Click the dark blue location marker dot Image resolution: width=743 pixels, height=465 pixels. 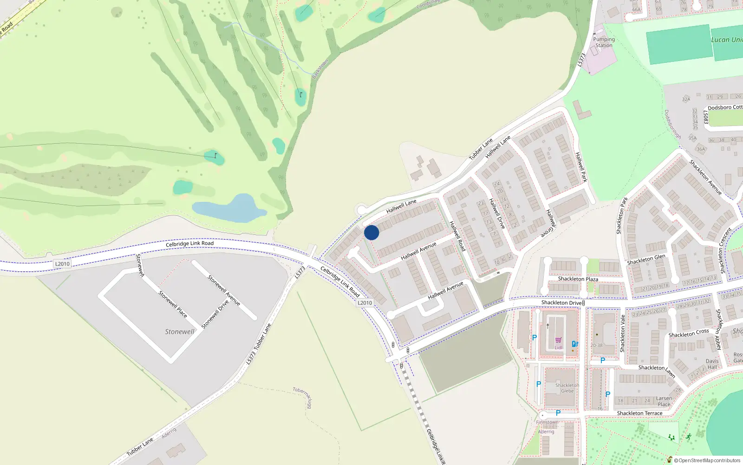(371, 232)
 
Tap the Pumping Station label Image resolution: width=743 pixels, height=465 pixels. (604, 42)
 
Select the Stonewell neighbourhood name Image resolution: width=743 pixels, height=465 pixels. (180, 332)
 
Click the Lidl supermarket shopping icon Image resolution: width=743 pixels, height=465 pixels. (558, 340)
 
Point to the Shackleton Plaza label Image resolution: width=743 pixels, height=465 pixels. (578, 279)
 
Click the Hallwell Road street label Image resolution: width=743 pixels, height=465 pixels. (457, 236)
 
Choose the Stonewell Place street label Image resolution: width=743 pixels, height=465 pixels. (173, 304)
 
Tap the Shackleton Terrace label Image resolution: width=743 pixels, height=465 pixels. (639, 413)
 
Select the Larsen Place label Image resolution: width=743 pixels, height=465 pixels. (664, 401)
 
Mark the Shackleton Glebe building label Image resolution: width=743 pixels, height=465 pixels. (567, 388)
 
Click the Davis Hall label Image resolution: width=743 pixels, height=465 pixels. (712, 364)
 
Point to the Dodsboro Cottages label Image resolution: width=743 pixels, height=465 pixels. (725, 107)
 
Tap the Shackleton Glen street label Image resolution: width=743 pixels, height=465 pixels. (646, 259)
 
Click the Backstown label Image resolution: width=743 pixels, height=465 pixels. (320, 69)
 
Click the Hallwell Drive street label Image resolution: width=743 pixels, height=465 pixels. (497, 213)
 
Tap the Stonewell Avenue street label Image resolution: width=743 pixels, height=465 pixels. (224, 291)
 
